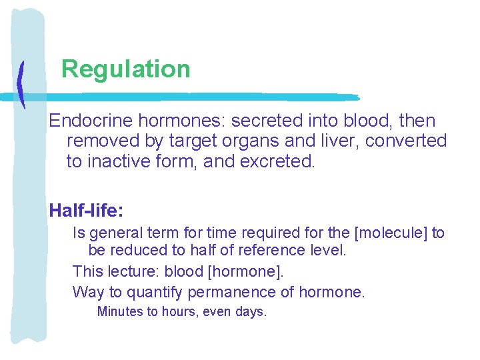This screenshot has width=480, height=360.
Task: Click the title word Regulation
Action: click(x=125, y=69)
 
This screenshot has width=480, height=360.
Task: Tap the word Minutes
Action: click(x=120, y=311)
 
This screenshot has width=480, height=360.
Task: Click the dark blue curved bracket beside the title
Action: click(x=21, y=85)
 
